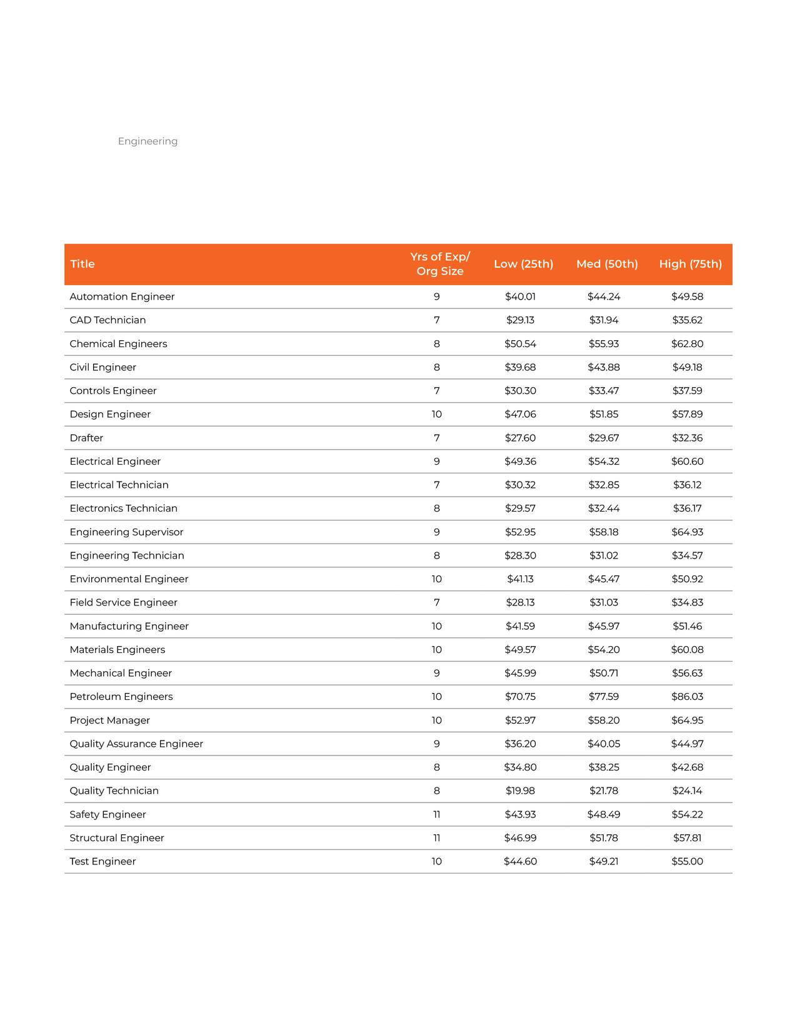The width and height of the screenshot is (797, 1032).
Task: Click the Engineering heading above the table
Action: (x=148, y=141)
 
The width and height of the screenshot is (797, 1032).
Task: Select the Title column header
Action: (x=83, y=264)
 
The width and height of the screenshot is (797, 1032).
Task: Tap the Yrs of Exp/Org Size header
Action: (x=440, y=264)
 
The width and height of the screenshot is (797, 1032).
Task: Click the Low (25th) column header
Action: (x=523, y=264)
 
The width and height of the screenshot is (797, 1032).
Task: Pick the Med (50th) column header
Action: (x=607, y=264)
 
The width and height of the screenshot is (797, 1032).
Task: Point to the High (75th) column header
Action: (x=690, y=264)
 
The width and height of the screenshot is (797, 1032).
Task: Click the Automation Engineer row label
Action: (x=122, y=296)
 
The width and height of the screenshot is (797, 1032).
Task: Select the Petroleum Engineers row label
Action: (x=121, y=697)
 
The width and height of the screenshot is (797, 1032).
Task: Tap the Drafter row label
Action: (x=86, y=438)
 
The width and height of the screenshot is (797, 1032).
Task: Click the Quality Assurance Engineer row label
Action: (x=136, y=744)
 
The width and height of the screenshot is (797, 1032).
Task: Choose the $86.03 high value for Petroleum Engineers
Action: (x=687, y=697)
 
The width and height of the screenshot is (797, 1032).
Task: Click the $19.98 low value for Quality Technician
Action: (x=520, y=791)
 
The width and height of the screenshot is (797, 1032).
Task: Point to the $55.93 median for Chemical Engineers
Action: (x=603, y=344)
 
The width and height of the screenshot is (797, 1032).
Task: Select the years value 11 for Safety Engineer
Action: (x=436, y=814)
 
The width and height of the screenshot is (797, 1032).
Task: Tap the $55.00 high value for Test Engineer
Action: (x=687, y=861)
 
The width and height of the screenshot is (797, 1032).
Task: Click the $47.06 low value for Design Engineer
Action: (x=520, y=414)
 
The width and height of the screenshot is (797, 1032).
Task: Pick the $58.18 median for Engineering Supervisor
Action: (x=603, y=532)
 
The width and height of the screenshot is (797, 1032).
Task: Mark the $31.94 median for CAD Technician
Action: (x=603, y=320)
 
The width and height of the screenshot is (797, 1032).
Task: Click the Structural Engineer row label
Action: (x=117, y=838)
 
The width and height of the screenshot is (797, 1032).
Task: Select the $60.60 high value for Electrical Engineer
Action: (x=687, y=462)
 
